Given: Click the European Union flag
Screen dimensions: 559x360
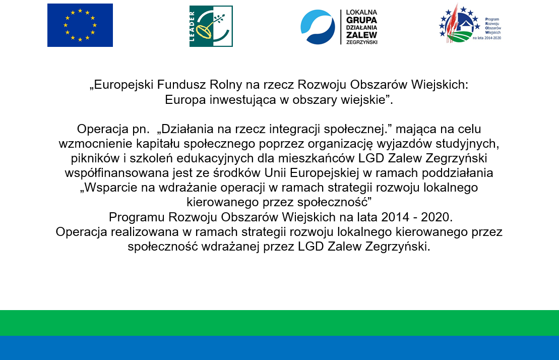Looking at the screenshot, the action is pyautogui.click(x=80, y=25).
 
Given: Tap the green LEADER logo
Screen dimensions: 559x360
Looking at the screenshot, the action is pyautogui.click(x=211, y=26).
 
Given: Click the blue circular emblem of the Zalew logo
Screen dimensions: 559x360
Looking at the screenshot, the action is pyautogui.click(x=318, y=27).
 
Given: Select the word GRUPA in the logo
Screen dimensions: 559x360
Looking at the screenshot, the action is pyautogui.click(x=361, y=20).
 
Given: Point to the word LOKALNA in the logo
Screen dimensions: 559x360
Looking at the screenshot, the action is pyautogui.click(x=361, y=13).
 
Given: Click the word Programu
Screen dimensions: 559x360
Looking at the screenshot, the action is pyautogui.click(x=137, y=217).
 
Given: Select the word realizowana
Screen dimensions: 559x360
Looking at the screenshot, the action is pyautogui.click(x=145, y=232).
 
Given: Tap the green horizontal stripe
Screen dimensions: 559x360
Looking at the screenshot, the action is pyautogui.click(x=279, y=323).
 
